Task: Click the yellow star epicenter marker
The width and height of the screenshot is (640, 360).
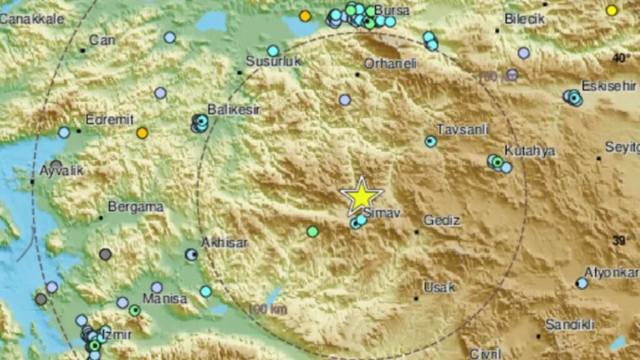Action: (361, 196)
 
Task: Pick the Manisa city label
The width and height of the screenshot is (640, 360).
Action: (164, 299)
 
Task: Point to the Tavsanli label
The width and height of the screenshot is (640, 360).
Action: (461, 129)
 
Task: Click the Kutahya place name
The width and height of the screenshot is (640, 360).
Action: (529, 151)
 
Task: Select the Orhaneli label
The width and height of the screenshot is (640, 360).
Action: (387, 63)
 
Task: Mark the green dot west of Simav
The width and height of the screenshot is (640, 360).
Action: (312, 232)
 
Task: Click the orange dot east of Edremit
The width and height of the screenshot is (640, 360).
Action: (142, 132)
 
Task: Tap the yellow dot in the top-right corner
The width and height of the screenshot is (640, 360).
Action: (612, 10)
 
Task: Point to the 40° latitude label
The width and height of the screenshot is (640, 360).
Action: (621, 57)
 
